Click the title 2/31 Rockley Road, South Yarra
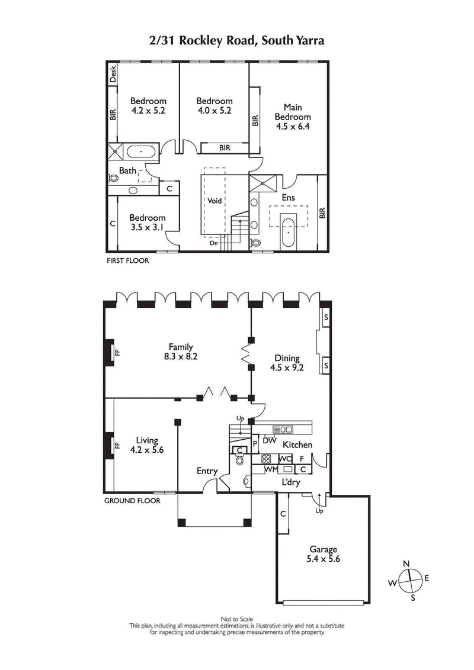pos(236,41)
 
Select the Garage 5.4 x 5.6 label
pos(323,554)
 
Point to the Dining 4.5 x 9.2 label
pos(287,363)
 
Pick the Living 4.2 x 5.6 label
pos(146,444)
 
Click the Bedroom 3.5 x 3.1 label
pos(148,222)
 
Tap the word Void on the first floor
pos(214,201)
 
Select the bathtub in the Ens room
pos(289,233)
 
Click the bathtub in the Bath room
pos(141,152)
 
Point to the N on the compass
pos(406,563)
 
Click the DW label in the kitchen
pos(270,440)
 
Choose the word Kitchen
pos(297,444)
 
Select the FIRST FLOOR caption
pos(127,260)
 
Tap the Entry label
pos(207,471)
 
